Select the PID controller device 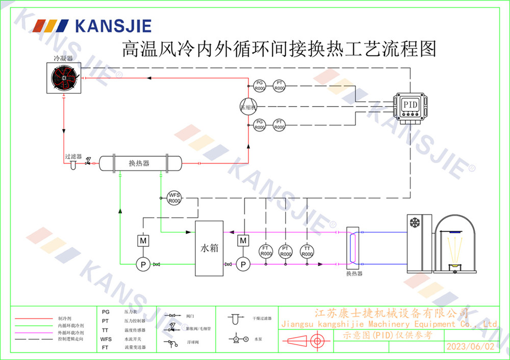pyautogui.click(x=411, y=106)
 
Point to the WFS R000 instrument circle pyautogui.click(x=174, y=198)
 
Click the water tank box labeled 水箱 pyautogui.click(x=209, y=248)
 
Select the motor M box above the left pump pyautogui.click(x=143, y=240)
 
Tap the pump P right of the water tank pyautogui.click(x=243, y=264)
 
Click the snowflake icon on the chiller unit pyautogui.click(x=415, y=223)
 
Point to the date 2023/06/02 pyautogui.click(x=470, y=347)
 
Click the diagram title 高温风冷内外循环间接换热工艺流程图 pyautogui.click(x=278, y=49)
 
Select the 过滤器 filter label pyautogui.click(x=73, y=157)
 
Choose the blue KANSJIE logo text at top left pyautogui.click(x=113, y=25)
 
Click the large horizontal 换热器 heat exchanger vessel pyautogui.click(x=140, y=163)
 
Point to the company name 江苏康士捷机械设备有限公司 pyautogui.click(x=391, y=313)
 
